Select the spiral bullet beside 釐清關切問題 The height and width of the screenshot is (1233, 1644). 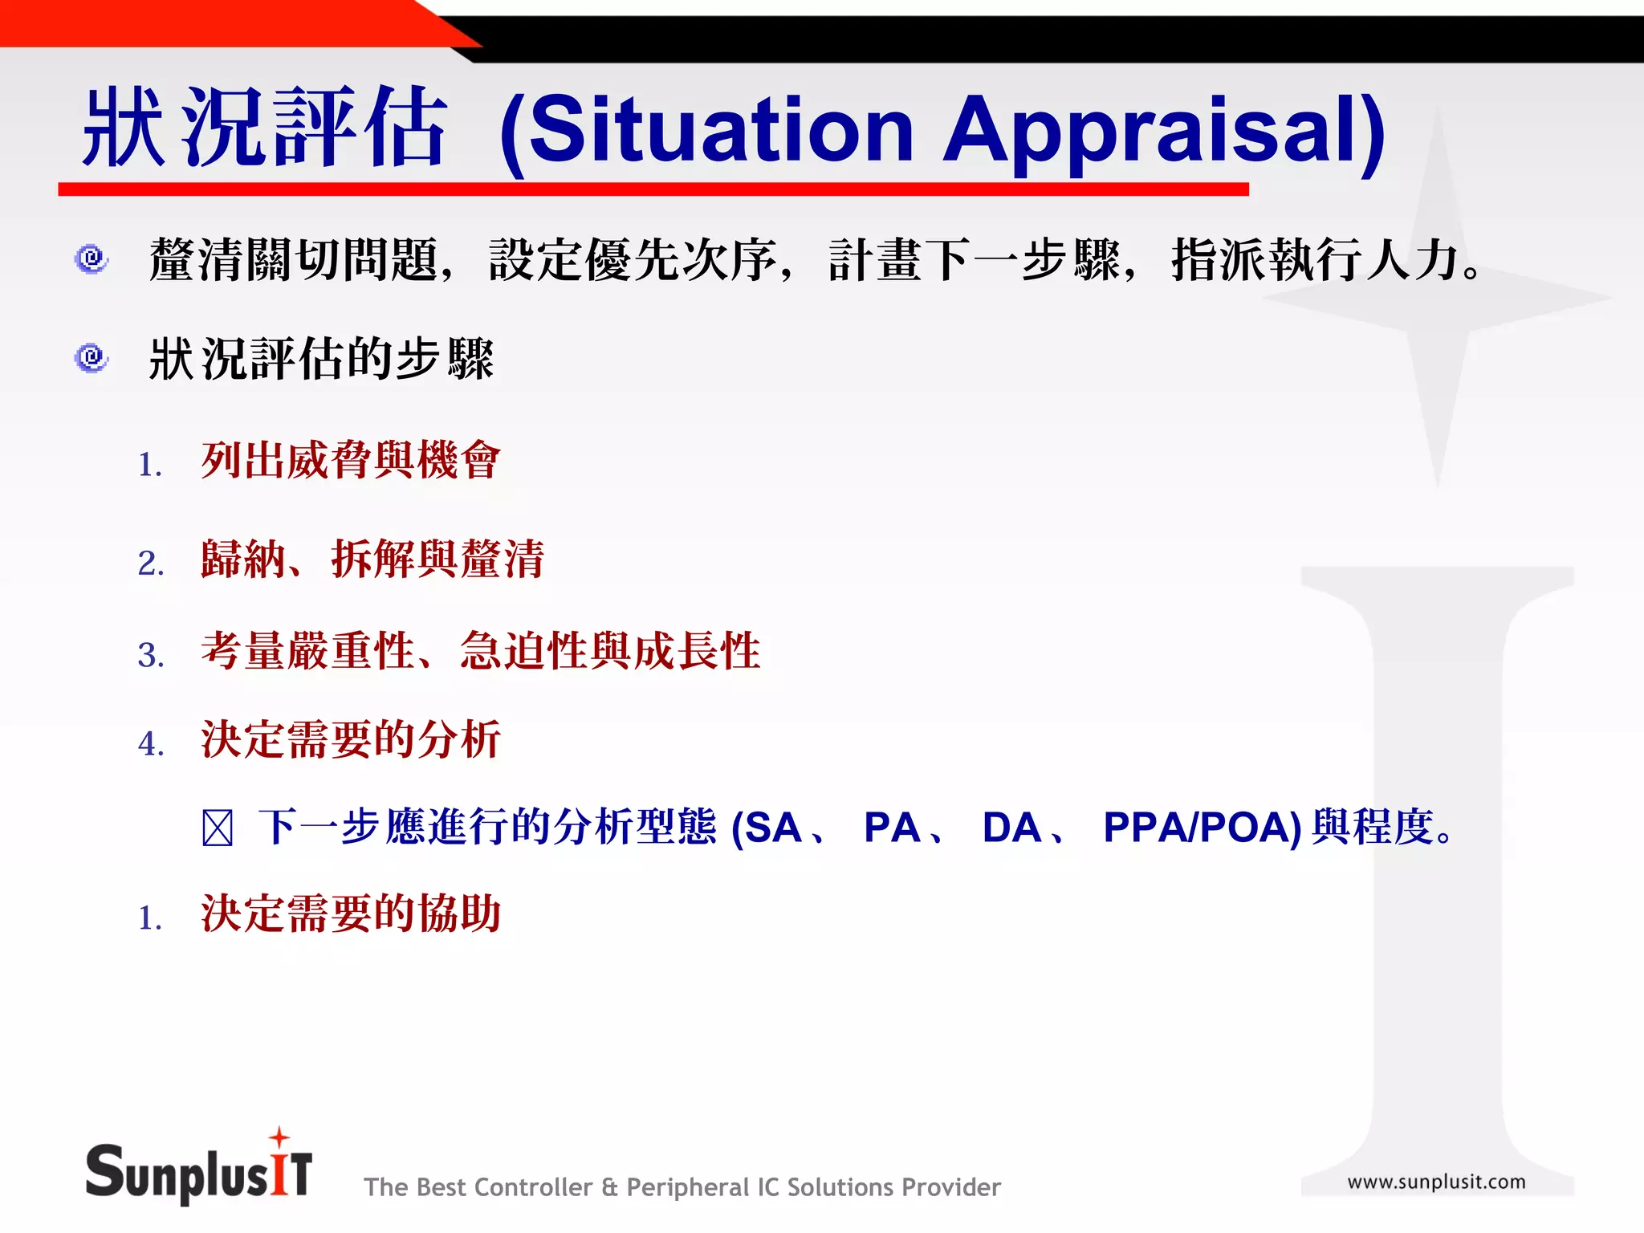click(92, 259)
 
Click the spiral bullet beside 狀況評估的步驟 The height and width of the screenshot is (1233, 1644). click(92, 357)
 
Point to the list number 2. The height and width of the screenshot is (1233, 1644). click(150, 564)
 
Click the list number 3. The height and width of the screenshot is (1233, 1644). click(150, 655)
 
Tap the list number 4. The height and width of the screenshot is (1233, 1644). click(150, 743)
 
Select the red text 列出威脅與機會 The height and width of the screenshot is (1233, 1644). click(350, 461)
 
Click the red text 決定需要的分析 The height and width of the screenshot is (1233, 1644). click(350, 739)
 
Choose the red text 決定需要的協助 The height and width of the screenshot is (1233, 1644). click(350, 914)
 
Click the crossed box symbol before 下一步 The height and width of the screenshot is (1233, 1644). click(217, 828)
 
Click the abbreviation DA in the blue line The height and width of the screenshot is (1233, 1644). click(1011, 828)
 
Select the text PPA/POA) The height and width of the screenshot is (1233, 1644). click(1202, 828)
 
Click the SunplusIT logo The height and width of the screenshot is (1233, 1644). click(198, 1173)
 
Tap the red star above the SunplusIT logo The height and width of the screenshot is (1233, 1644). click(279, 1137)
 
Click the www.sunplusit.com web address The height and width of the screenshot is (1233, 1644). click(1436, 1182)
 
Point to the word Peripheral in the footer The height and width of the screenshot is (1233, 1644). click(687, 1187)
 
